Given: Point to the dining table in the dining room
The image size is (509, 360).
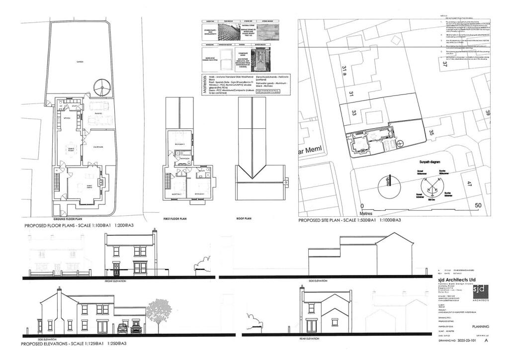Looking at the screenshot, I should click(71, 149).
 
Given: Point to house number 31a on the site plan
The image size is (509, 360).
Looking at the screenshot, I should click(344, 74).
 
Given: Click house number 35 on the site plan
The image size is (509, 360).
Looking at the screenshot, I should click(431, 132).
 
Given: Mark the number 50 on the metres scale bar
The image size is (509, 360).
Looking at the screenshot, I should click(478, 205).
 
